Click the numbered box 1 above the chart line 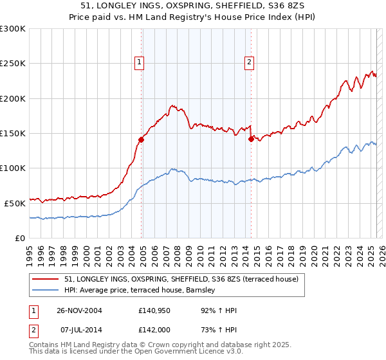click(x=140, y=62)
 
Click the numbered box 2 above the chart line click(x=249, y=62)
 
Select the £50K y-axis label click(x=15, y=203)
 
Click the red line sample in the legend click(x=46, y=280)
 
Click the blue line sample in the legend click(x=46, y=291)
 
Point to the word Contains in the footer click(x=44, y=345)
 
